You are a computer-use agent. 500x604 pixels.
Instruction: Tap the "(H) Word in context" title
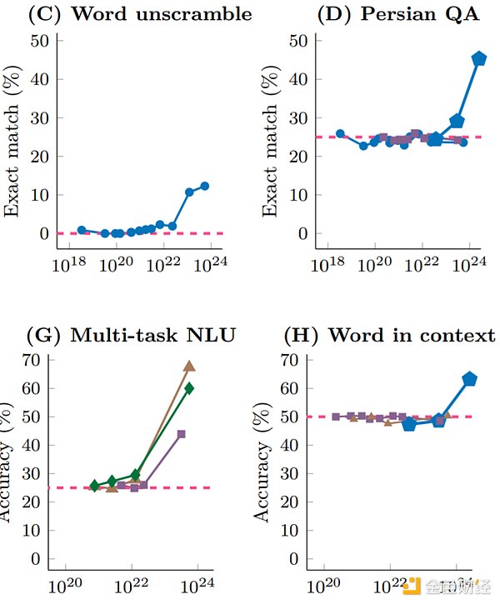[x=389, y=336]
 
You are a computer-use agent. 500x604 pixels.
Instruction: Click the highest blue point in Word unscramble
[x=204, y=187]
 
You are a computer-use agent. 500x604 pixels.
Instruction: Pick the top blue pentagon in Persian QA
[x=479, y=58]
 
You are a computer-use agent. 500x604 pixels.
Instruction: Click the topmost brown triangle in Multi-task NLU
[x=189, y=366]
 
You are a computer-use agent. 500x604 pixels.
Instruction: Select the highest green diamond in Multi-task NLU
[x=189, y=387]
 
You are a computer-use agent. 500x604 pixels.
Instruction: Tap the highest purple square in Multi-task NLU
[x=181, y=434]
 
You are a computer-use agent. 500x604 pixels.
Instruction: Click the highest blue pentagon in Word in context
[x=470, y=379]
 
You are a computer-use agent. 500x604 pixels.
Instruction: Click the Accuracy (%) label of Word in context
[x=263, y=461]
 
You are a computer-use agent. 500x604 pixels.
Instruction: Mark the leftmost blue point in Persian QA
[x=340, y=134]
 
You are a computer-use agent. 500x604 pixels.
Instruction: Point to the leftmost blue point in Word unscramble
[x=82, y=230]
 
